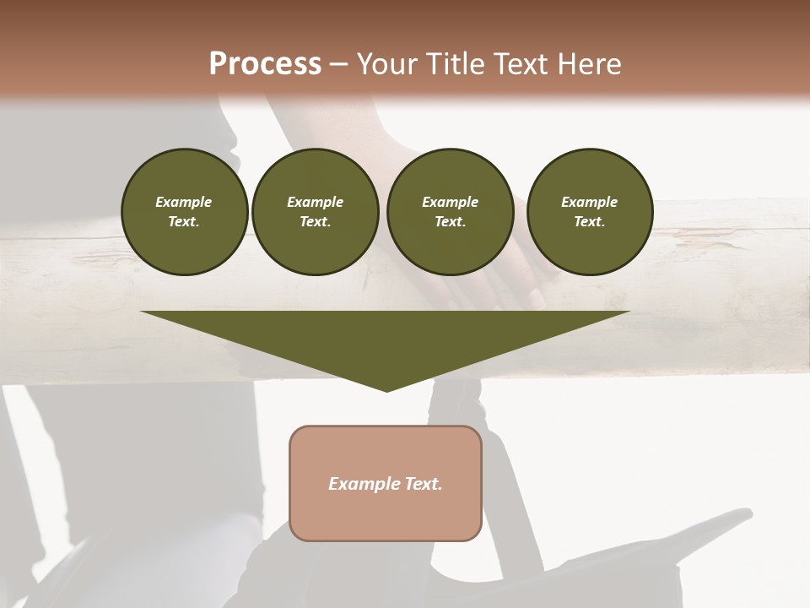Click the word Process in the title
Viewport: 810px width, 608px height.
[265, 64]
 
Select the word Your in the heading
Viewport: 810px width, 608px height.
[386, 64]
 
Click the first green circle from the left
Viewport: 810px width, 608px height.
[184, 212]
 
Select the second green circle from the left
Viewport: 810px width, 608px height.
[316, 212]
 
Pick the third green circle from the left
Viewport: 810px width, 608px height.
[451, 212]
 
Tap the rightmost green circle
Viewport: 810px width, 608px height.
[590, 212]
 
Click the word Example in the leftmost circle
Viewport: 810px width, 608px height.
[184, 202]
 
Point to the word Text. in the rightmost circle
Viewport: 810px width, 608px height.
[590, 222]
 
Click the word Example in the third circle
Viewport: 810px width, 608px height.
[451, 202]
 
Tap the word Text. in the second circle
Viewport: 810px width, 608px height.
[316, 222]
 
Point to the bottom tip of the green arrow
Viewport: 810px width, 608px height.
[386, 389]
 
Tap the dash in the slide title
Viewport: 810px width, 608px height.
[339, 64]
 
